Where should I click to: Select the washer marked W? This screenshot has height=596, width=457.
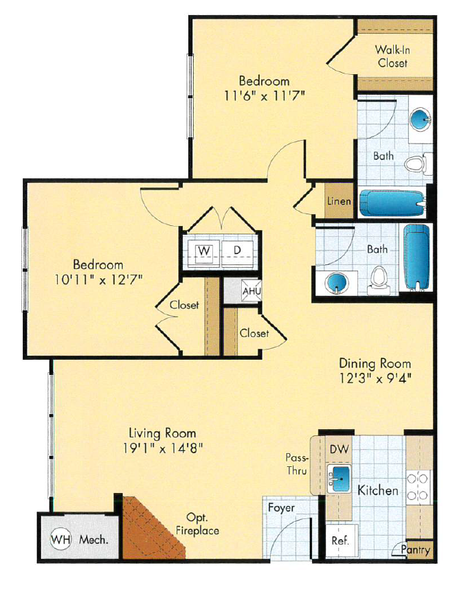(204, 251)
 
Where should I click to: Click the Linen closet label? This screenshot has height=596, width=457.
(339, 202)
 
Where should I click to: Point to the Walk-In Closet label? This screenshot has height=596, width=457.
(391, 56)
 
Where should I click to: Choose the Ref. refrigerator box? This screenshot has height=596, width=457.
(339, 540)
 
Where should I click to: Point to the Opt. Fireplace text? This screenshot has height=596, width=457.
(202, 523)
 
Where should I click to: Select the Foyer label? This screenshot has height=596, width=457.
(281, 508)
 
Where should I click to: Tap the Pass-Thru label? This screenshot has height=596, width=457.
(298, 464)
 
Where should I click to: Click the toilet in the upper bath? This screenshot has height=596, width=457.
(413, 164)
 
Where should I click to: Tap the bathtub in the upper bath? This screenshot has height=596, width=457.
(384, 203)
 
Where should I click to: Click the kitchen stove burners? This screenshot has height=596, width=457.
(419, 485)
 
